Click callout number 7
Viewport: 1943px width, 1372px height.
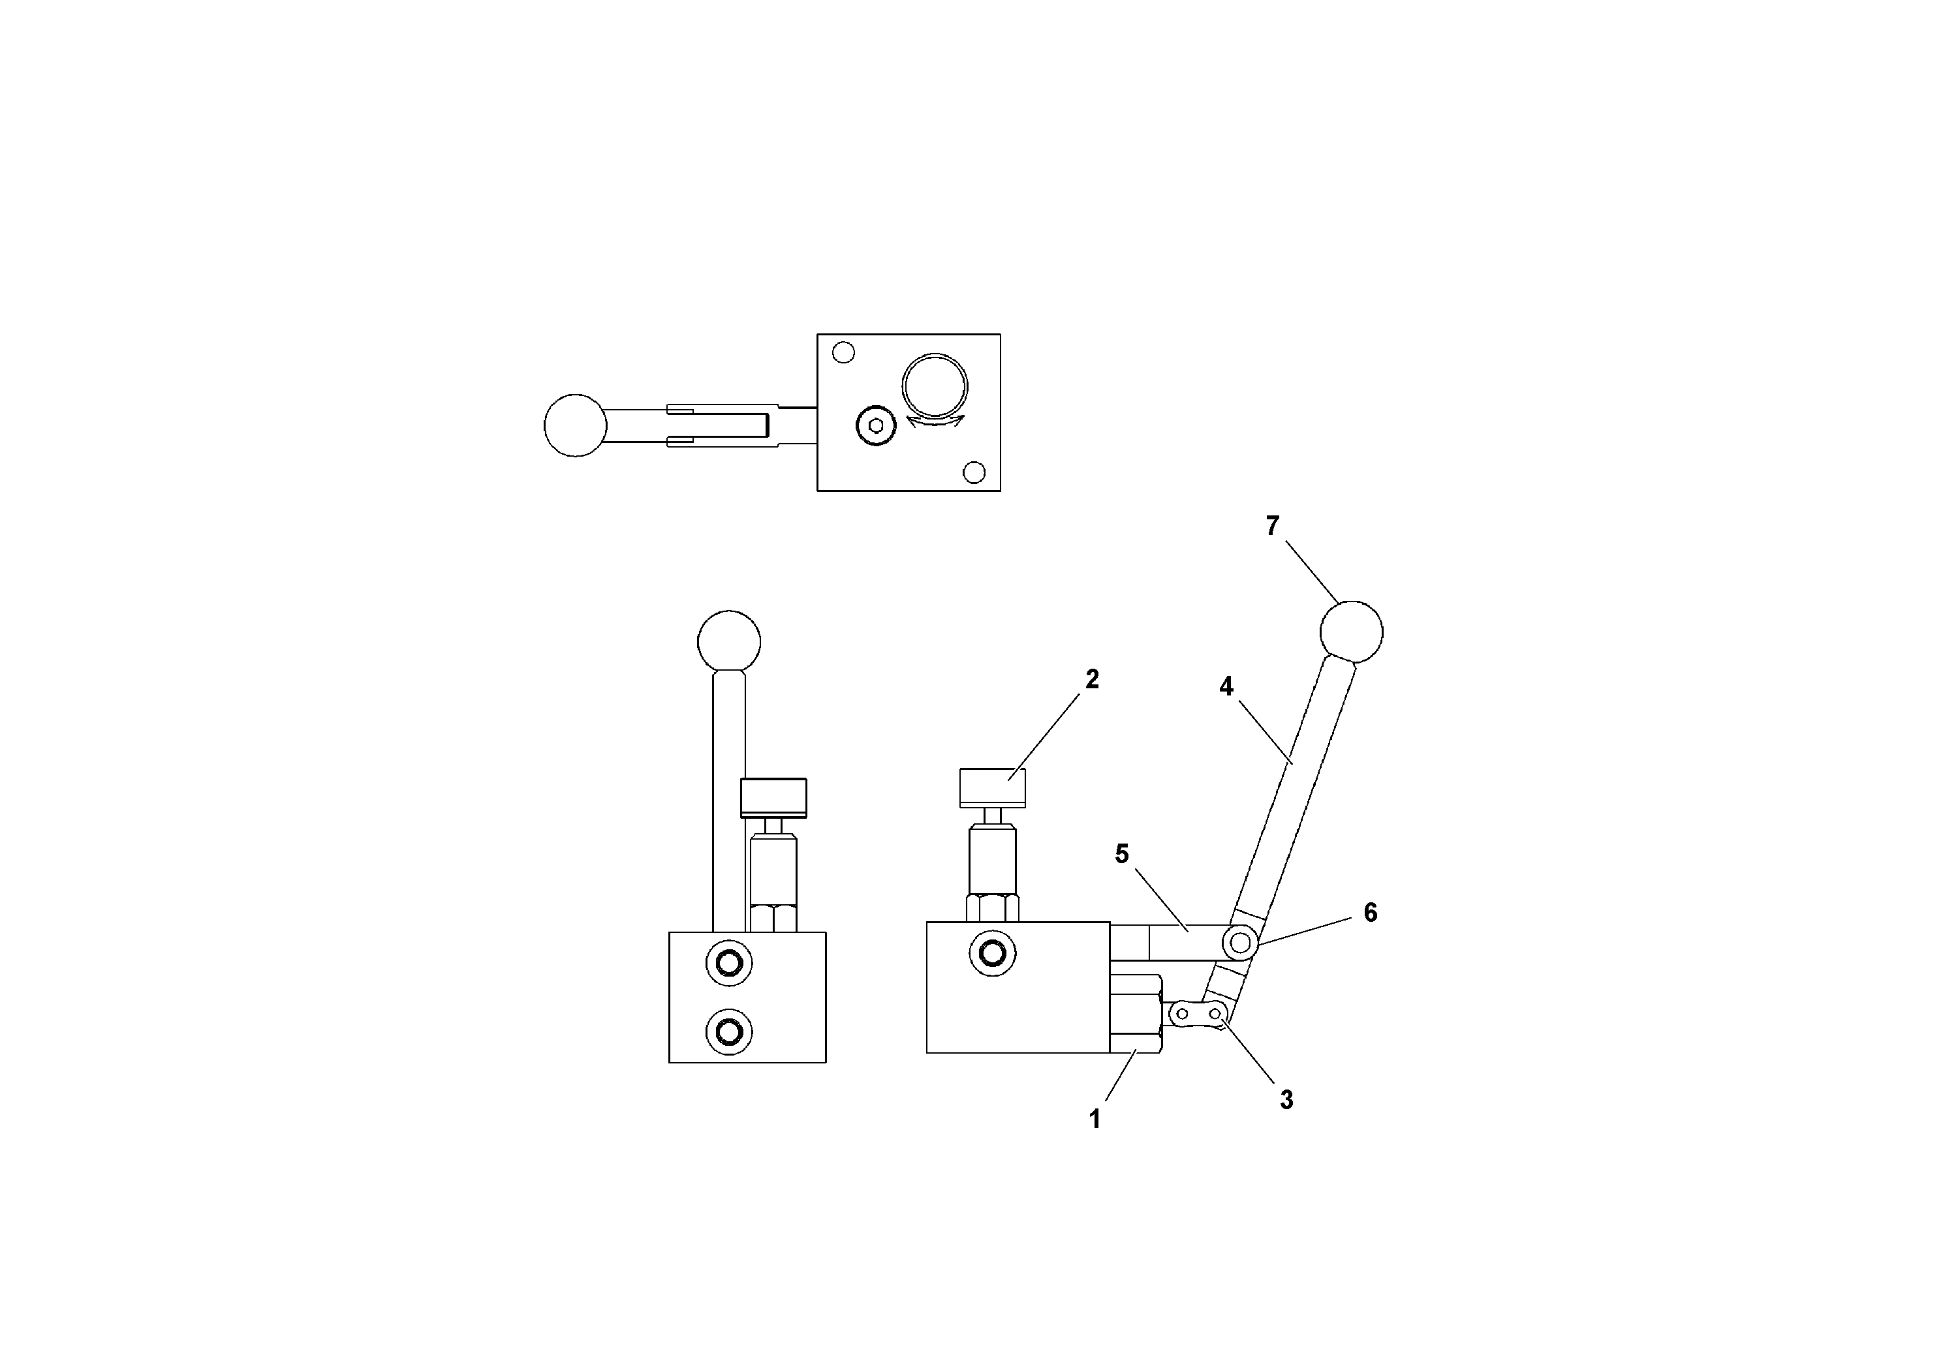click(x=1272, y=526)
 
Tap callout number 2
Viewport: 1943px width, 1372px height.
click(x=1092, y=679)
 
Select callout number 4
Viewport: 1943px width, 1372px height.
click(x=1226, y=687)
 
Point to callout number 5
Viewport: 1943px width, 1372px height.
click(x=1121, y=855)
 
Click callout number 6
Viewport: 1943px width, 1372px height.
click(x=1370, y=913)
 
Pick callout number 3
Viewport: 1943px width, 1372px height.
click(x=1286, y=1100)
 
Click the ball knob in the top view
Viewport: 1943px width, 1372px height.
click(x=576, y=425)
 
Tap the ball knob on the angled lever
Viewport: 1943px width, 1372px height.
click(x=1352, y=632)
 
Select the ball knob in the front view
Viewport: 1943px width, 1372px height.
click(x=728, y=642)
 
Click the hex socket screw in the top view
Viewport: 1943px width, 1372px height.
click(x=876, y=425)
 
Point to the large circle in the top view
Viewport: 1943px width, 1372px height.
click(x=934, y=386)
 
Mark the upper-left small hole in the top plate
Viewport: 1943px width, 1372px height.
click(x=844, y=352)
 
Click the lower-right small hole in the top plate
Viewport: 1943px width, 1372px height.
click(x=974, y=472)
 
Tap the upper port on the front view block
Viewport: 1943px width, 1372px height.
click(x=728, y=962)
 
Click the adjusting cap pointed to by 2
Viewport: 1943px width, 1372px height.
click(x=993, y=787)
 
